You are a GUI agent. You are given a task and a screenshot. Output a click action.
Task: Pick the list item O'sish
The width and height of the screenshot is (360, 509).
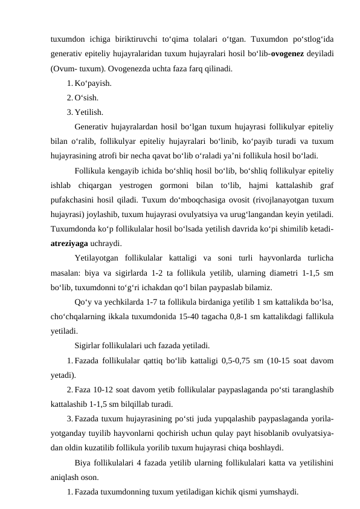pyautogui.click(x=88, y=97)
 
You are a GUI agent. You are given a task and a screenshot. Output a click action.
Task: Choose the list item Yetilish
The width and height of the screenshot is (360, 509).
pyautogui.click(x=89, y=111)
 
